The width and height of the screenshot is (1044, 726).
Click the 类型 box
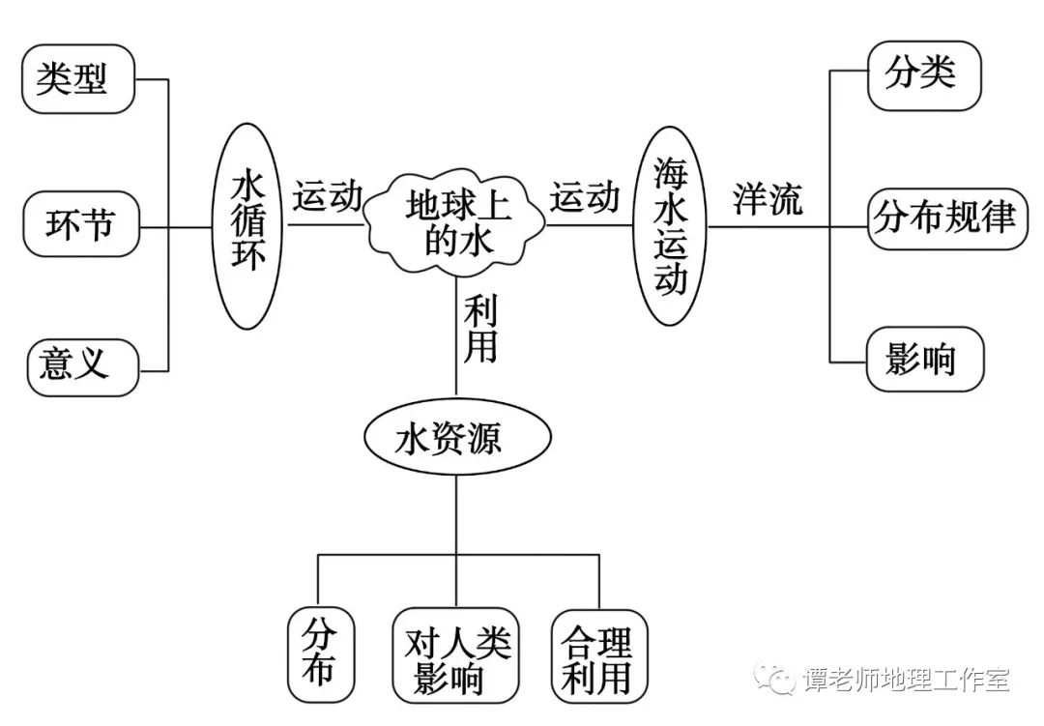[x=77, y=78]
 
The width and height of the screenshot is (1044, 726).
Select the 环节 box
[x=80, y=224]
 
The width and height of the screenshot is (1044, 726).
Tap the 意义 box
[x=81, y=365]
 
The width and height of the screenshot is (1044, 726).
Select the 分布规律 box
[x=945, y=219]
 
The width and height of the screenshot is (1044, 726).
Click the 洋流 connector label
[x=768, y=200]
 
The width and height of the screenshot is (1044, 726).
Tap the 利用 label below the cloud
[x=479, y=329]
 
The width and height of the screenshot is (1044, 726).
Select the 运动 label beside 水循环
[x=329, y=196]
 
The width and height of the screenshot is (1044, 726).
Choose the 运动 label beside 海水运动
[x=585, y=196]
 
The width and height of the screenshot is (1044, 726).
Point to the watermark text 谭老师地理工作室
[x=906, y=681]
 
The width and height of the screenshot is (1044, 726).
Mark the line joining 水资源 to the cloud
[x=456, y=367]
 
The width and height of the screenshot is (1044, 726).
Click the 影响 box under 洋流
[x=922, y=360]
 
